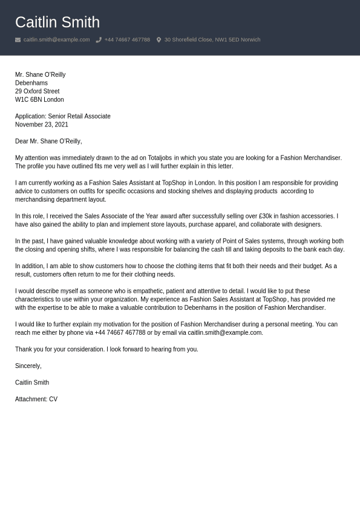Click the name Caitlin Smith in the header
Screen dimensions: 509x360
[57, 22]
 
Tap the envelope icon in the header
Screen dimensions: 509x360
[18, 40]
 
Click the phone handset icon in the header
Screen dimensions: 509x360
[99, 40]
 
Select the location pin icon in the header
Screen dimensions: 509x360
[159, 40]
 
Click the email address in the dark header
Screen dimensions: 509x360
[56, 40]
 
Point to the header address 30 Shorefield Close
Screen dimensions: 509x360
[212, 40]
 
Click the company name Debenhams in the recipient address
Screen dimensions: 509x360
[31, 83]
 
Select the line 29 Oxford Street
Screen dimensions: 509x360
[38, 91]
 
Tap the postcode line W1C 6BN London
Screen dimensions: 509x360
[39, 100]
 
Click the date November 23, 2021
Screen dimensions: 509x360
[42, 125]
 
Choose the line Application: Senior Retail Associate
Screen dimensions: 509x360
[63, 116]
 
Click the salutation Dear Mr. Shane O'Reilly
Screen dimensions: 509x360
[48, 141]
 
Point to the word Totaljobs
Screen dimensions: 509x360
[160, 158]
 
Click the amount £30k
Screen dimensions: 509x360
[264, 216]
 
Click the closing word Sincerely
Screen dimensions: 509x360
[28, 366]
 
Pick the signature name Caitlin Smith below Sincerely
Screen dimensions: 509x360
[32, 383]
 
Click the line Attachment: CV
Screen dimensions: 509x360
[36, 399]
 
